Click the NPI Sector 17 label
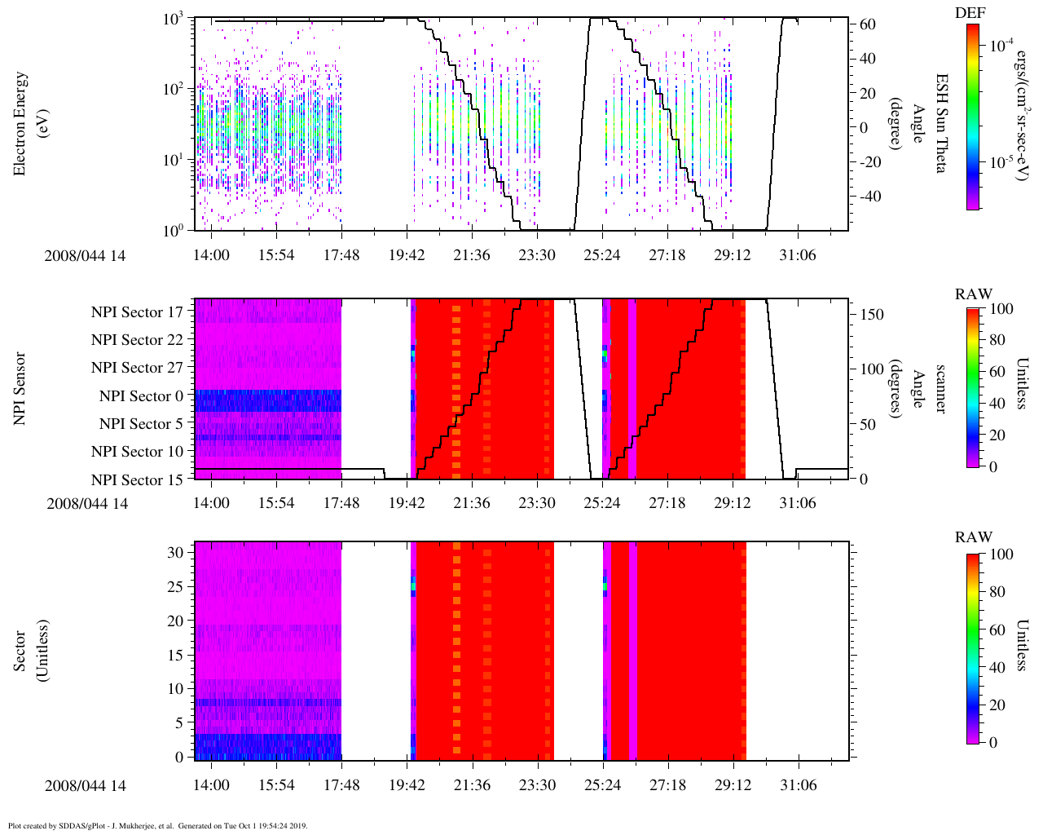[x=137, y=311]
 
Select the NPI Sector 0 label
[x=142, y=395]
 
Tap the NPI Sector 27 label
[x=137, y=368]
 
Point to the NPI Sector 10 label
[x=137, y=452]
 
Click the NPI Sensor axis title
[x=20, y=388]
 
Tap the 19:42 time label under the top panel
[x=407, y=255]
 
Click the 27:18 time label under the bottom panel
[x=667, y=785]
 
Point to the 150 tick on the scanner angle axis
[x=872, y=315]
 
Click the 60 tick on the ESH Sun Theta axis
[x=867, y=24]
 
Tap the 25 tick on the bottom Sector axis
[x=176, y=586]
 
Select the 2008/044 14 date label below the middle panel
[x=87, y=503]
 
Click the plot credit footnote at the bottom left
[x=157, y=825]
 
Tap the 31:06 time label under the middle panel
[x=797, y=503]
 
